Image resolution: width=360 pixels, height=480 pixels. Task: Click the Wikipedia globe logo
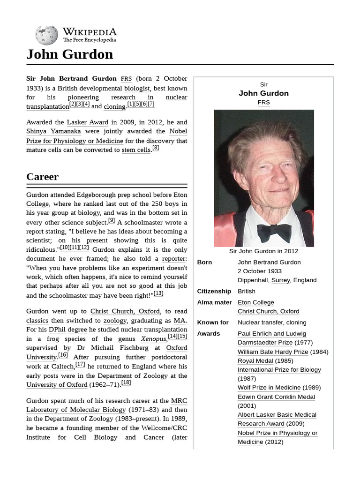click(46, 35)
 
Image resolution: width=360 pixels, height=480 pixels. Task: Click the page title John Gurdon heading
click(70, 54)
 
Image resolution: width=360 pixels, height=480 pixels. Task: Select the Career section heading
click(43, 177)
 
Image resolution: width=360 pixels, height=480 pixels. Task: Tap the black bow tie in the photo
click(274, 232)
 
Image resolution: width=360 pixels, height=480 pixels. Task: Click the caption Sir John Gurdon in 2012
click(263, 251)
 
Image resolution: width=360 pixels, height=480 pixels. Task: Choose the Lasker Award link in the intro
click(88, 122)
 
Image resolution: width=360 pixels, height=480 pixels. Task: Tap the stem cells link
click(136, 150)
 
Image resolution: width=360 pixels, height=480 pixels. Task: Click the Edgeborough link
click(96, 195)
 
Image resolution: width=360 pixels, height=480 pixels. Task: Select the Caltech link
click(62, 367)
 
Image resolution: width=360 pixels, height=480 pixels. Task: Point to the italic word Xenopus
click(153, 339)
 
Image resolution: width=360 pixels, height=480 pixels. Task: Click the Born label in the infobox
click(204, 262)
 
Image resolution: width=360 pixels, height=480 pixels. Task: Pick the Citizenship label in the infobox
click(214, 291)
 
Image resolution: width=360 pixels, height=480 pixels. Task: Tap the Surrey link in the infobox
click(280, 280)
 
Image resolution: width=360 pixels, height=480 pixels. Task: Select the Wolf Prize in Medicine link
click(269, 388)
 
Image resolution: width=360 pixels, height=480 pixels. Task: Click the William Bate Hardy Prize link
click(272, 352)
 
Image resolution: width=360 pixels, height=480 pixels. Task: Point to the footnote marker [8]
click(156, 148)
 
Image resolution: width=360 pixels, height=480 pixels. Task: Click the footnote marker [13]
click(158, 293)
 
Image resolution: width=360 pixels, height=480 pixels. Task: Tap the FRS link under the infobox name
click(263, 102)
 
